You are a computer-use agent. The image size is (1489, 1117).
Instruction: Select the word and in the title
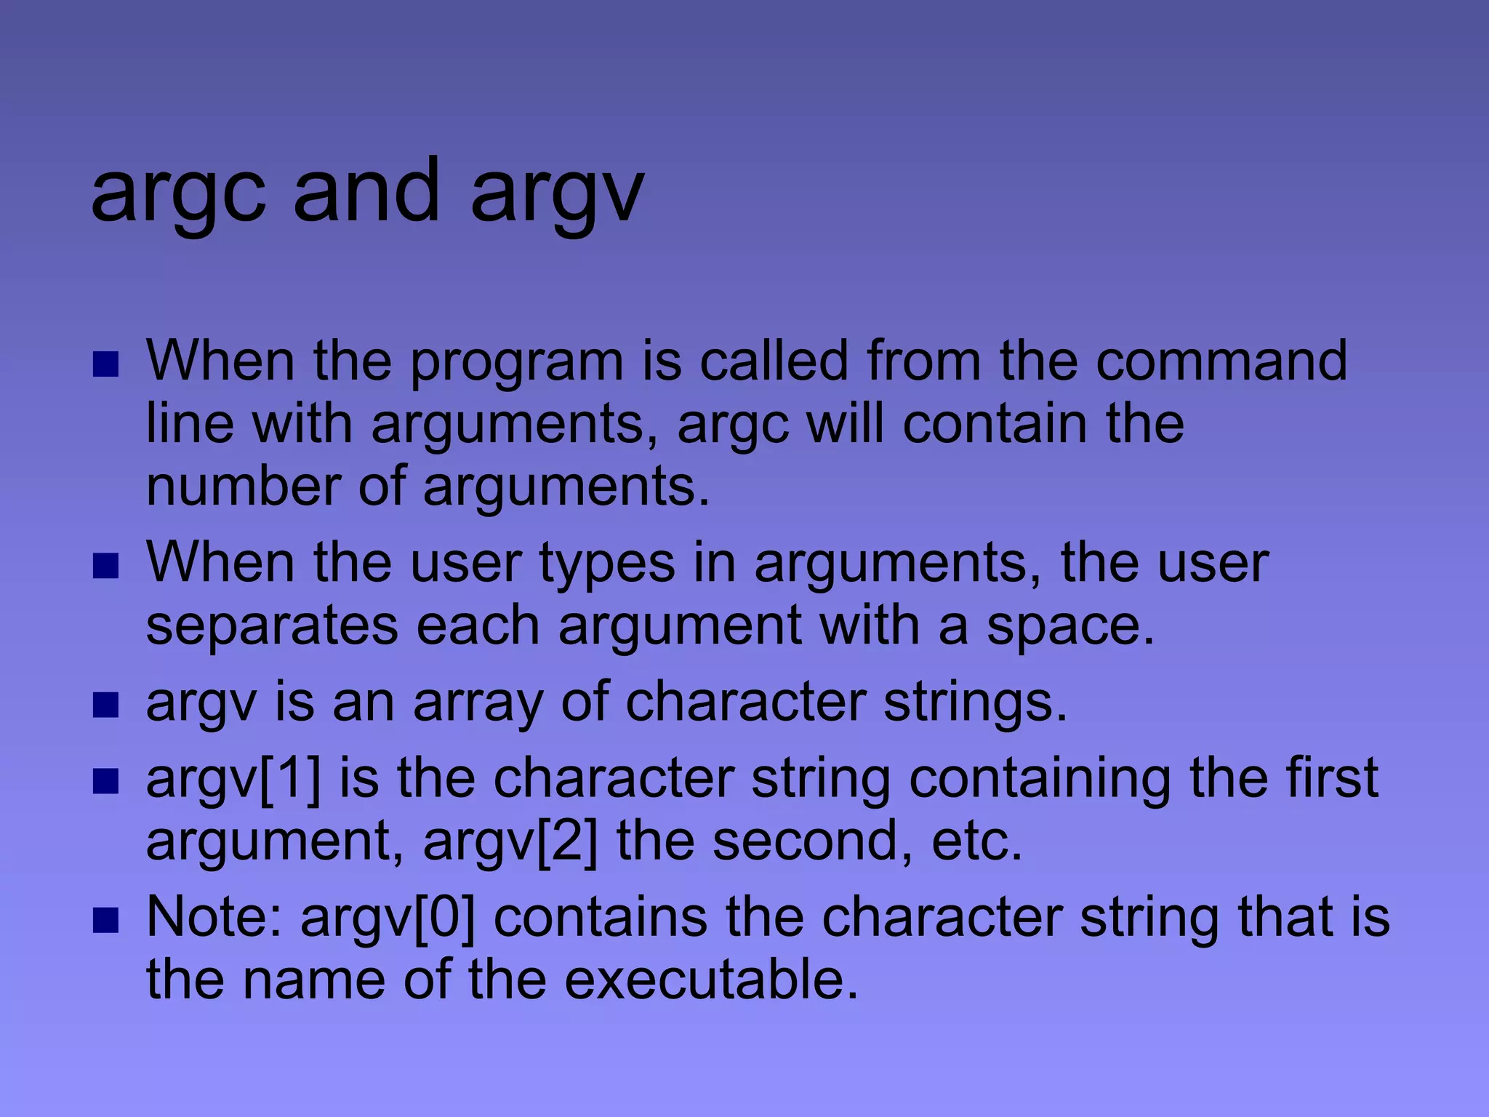[x=366, y=192]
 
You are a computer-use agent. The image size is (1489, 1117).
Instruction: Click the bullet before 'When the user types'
[x=106, y=566]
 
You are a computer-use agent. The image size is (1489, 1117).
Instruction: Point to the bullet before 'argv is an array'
[x=106, y=705]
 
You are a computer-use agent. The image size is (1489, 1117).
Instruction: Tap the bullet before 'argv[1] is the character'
[x=106, y=781]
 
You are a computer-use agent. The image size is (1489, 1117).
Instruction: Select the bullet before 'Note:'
[x=106, y=919]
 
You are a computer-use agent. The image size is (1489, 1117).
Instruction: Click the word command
[x=1221, y=361]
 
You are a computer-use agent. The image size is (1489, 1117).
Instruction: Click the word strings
[x=975, y=704]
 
